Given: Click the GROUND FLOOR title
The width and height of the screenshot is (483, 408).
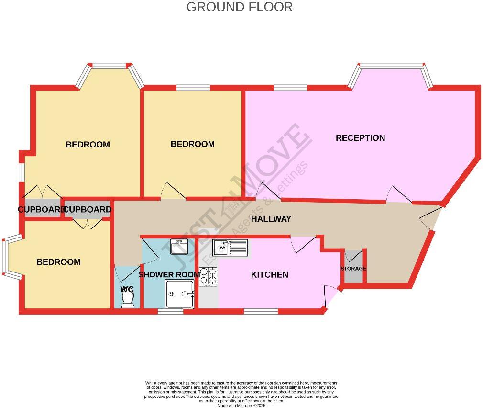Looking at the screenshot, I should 239,7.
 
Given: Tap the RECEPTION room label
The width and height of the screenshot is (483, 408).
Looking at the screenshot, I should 360,138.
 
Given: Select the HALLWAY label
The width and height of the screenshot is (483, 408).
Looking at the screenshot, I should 271,219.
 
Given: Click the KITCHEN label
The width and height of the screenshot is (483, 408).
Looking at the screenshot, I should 270,274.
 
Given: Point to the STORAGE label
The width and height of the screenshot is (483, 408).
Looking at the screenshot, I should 353,269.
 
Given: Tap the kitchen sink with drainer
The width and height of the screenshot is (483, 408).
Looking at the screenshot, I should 231,248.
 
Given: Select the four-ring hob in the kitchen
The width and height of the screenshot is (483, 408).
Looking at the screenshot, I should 208,277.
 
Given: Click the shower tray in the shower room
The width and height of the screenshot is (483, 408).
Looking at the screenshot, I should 180,294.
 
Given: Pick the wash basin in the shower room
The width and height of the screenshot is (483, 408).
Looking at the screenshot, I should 179,246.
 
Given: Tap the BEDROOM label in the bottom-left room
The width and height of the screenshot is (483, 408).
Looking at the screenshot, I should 59,262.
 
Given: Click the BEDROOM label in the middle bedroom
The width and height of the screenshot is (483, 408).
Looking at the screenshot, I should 192,144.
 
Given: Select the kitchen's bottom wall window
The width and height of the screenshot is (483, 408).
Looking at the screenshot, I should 261,312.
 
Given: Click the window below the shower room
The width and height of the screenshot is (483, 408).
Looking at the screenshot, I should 170,312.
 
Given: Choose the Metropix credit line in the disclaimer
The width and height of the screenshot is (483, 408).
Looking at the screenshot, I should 241,405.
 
